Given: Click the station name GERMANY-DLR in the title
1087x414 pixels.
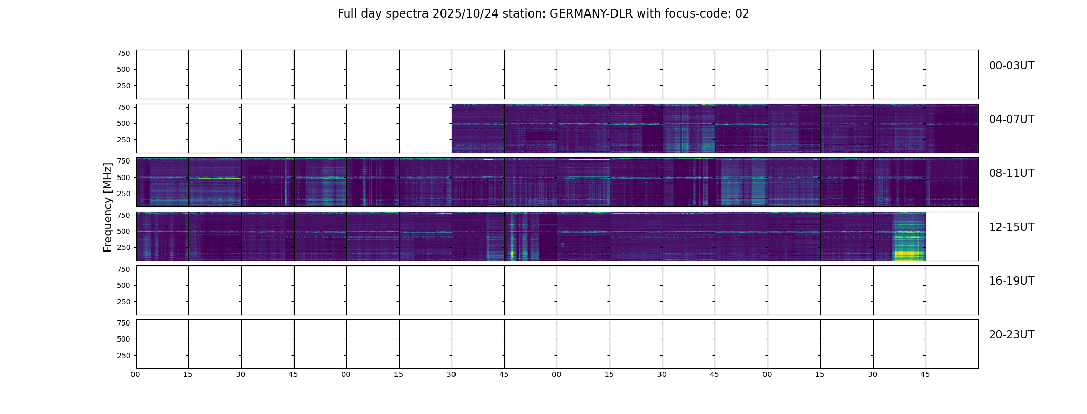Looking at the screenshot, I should [x=591, y=14].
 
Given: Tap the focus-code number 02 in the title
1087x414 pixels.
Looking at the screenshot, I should [x=742, y=14].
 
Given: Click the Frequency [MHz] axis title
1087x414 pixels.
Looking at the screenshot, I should [x=108, y=207].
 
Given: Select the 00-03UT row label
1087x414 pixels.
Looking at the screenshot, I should [x=1011, y=66].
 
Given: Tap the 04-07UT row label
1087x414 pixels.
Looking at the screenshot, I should [x=1011, y=120].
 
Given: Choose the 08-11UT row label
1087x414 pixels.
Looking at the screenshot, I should [x=1011, y=173].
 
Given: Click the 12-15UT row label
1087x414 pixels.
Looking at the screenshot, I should [x=1011, y=227].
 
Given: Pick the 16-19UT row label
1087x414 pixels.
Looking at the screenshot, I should [x=1011, y=281].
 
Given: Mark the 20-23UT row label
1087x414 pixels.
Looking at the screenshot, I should [x=1011, y=335].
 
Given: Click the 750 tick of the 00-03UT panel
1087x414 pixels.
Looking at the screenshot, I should [x=124, y=53].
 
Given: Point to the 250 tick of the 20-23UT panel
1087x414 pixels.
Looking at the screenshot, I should [x=124, y=356].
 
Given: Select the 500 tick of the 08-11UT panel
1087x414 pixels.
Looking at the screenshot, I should [x=124, y=178].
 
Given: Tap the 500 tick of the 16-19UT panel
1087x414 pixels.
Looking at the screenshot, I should [x=124, y=285].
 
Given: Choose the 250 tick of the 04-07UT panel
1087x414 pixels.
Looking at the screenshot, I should [x=124, y=140].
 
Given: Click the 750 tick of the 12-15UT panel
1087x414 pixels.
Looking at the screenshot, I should [x=124, y=215].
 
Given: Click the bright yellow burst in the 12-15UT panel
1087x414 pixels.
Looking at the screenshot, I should [x=909, y=254].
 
